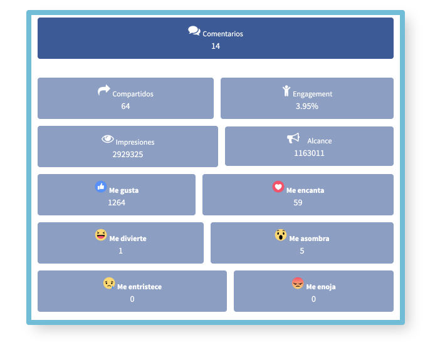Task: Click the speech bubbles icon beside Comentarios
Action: point(194,31)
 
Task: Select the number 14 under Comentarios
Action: point(216,46)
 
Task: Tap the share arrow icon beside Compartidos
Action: point(104,90)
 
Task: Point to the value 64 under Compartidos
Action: point(125,106)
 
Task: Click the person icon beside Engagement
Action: point(286,91)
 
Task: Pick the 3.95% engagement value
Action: point(307,106)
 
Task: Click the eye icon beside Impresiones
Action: point(108,139)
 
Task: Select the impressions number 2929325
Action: point(128,155)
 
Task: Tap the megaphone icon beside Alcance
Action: point(293,138)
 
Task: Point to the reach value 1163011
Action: point(309,153)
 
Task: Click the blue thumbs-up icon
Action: point(101,187)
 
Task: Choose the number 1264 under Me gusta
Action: point(117,203)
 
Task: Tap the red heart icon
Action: point(278,187)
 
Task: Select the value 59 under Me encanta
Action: point(298,203)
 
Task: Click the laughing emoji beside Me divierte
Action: point(101,235)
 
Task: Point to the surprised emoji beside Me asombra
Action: point(281,235)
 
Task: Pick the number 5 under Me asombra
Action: point(302,251)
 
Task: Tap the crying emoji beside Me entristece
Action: point(109,283)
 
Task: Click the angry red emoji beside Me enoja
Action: point(298,283)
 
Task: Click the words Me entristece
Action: point(140,287)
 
